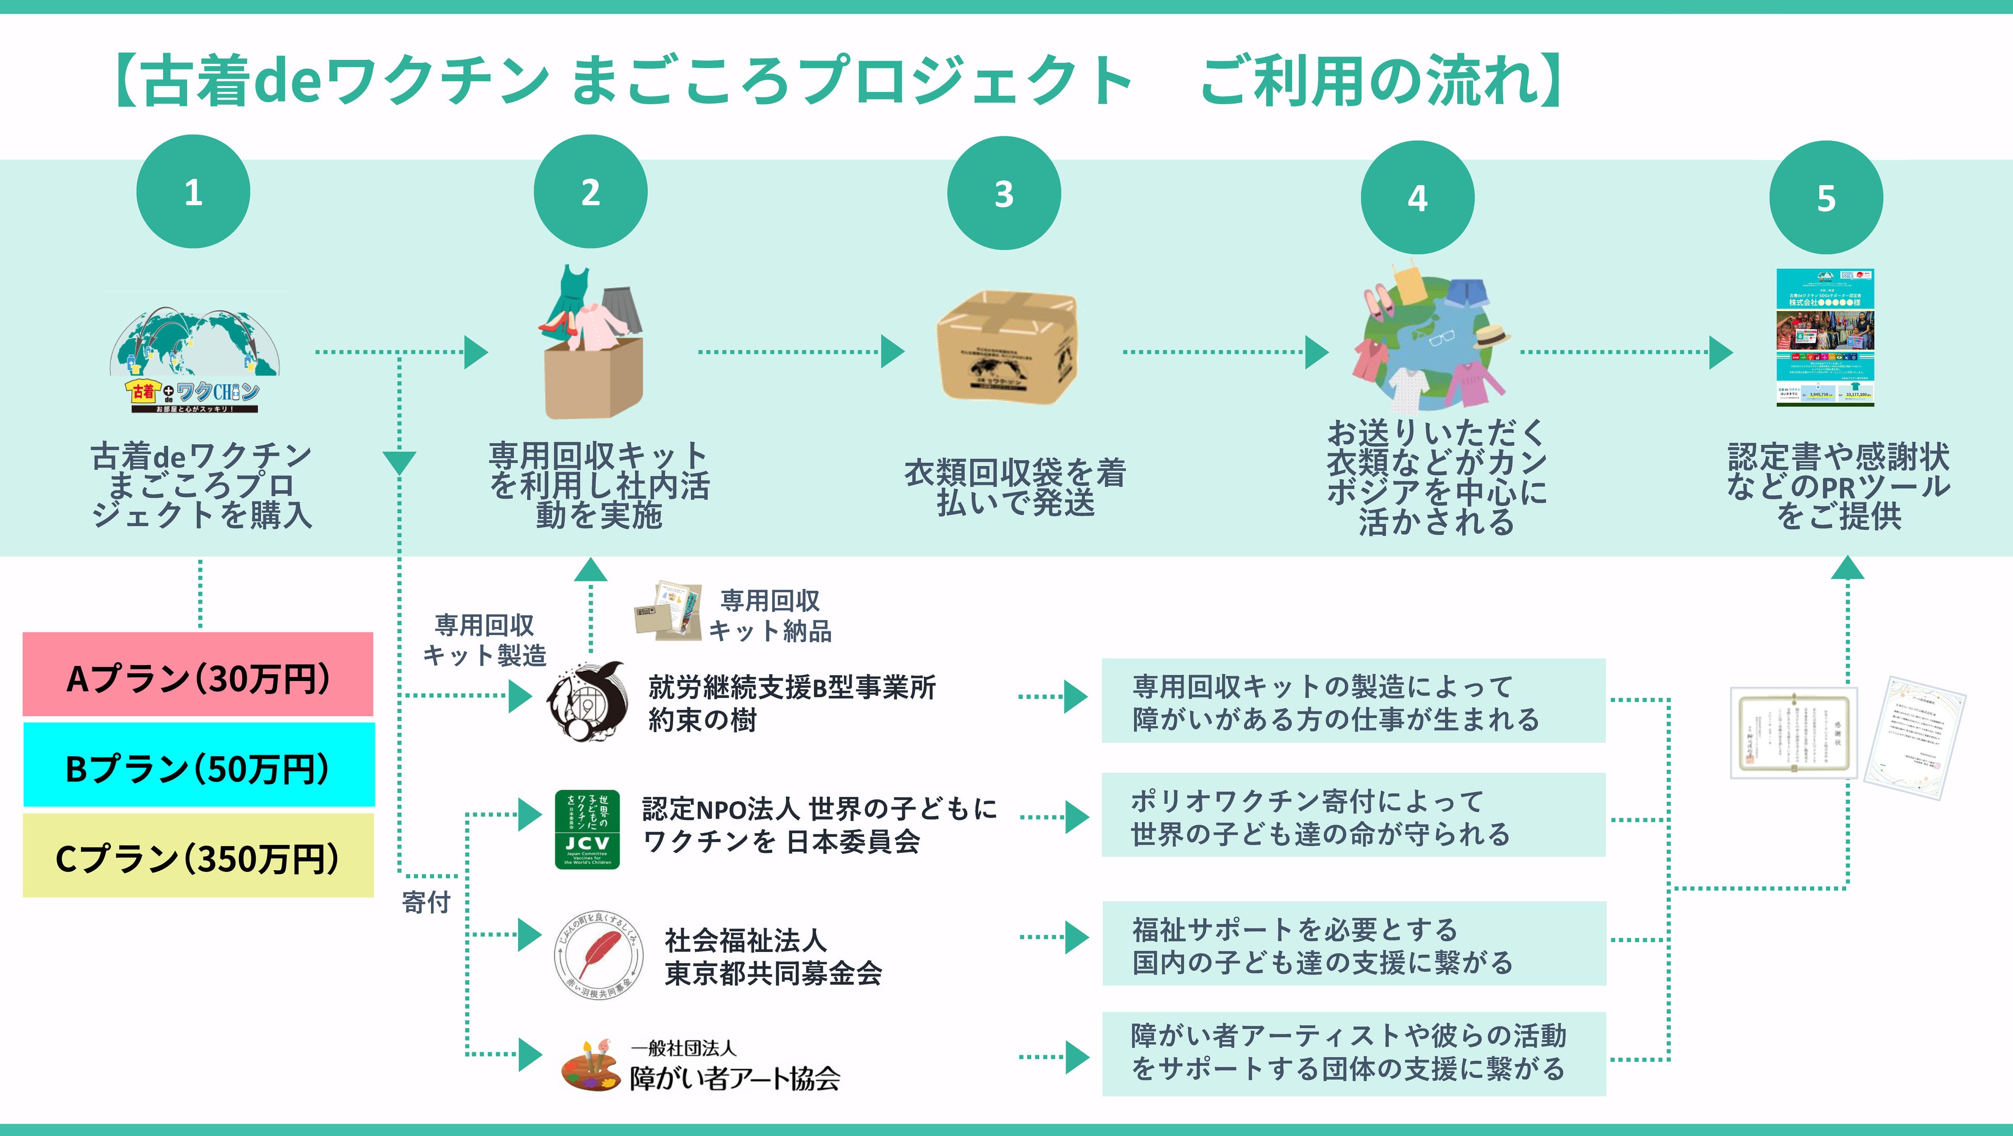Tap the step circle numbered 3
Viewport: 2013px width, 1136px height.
1003,194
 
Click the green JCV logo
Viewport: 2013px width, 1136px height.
587,829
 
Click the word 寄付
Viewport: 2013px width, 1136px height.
426,902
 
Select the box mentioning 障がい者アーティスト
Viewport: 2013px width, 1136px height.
1353,1053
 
